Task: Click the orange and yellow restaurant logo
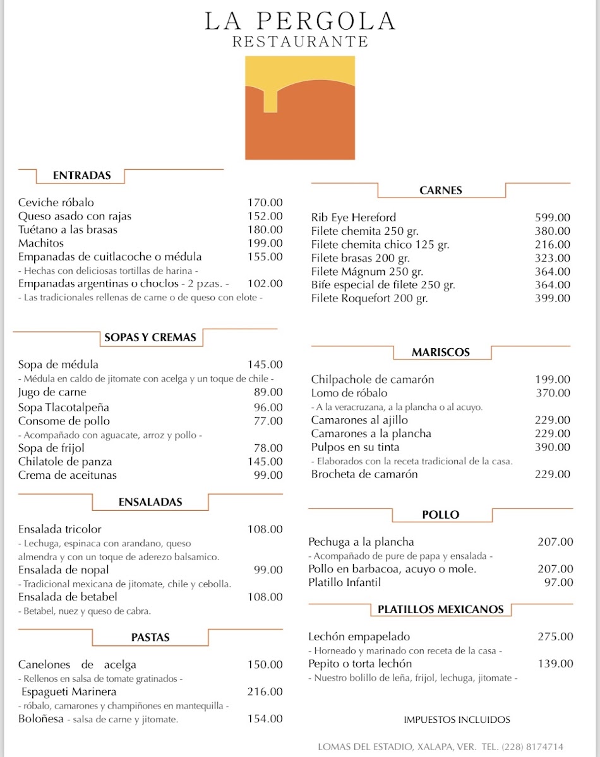(x=300, y=108)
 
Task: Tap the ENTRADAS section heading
(x=81, y=175)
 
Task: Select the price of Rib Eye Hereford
(x=552, y=218)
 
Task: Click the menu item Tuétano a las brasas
(x=68, y=230)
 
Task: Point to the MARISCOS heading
(x=441, y=352)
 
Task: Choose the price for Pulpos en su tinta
(x=552, y=447)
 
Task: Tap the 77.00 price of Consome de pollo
(x=268, y=421)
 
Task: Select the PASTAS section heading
(x=150, y=637)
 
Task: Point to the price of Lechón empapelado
(x=555, y=637)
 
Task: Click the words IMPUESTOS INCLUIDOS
(x=457, y=719)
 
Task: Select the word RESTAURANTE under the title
(x=300, y=42)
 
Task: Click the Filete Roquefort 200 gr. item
(x=369, y=298)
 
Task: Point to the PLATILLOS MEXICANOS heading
(x=440, y=609)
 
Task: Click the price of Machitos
(x=265, y=244)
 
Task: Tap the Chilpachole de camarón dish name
(x=372, y=379)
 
